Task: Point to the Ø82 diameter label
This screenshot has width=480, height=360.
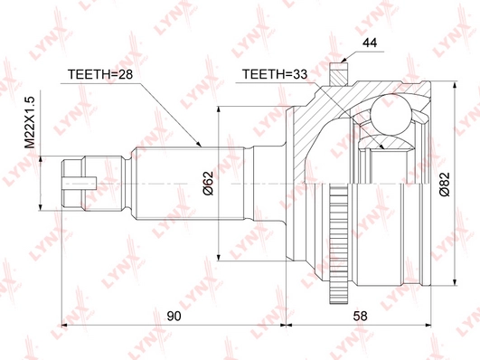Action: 444,185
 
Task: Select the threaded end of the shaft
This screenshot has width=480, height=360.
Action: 77,182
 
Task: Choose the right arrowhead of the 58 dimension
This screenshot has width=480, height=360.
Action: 428,324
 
